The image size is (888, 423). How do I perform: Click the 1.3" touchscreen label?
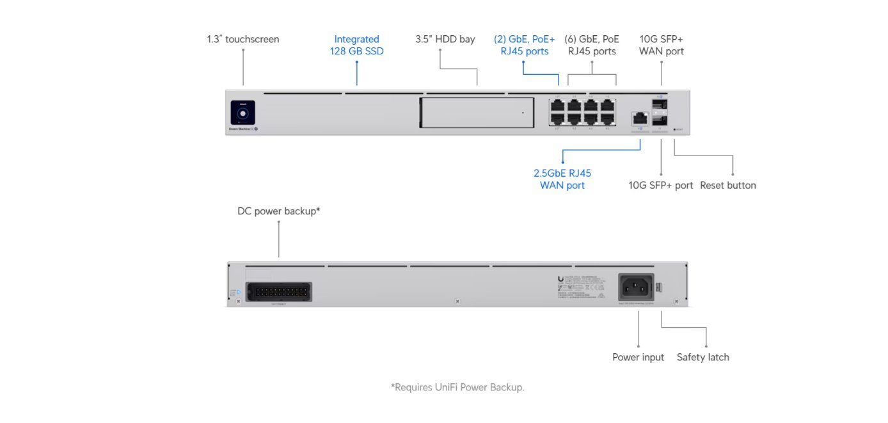tap(242, 39)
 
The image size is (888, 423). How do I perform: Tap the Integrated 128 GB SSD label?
tap(356, 45)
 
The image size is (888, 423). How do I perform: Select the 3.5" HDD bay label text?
tap(445, 39)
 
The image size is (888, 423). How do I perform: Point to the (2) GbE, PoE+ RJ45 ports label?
tap(524, 45)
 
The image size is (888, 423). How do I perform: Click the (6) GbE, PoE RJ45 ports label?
tap(592, 45)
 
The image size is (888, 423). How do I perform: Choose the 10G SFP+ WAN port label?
tap(661, 45)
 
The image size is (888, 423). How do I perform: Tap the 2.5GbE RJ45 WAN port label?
tap(562, 179)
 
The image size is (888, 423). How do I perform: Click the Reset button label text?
tap(727, 186)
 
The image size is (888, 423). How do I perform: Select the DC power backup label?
tap(278, 211)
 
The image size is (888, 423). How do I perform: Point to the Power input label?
tap(638, 357)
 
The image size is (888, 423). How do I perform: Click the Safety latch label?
tap(702, 357)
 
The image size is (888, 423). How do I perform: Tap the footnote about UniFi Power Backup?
tap(457, 387)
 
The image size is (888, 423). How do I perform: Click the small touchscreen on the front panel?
tap(243, 113)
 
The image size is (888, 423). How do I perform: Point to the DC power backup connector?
tap(278, 291)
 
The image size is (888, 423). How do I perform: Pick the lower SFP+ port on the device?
tap(660, 120)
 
